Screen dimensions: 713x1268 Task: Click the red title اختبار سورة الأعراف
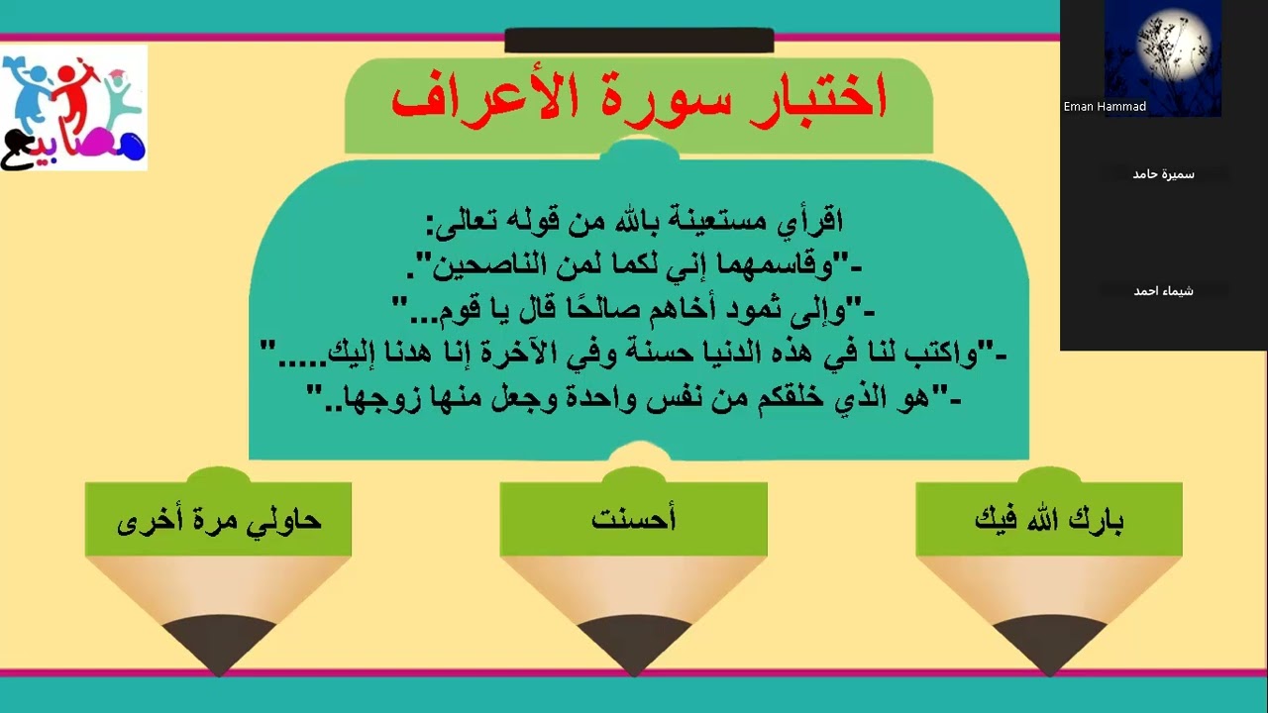pos(639,99)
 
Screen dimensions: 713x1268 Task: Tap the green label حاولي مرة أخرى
pos(219,519)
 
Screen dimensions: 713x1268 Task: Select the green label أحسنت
pos(634,519)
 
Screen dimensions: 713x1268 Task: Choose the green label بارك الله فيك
pos(1049,519)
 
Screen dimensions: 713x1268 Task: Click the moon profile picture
pos(1163,57)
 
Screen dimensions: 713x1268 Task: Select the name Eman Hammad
pos(1105,107)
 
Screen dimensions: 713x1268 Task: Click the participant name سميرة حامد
pos(1164,174)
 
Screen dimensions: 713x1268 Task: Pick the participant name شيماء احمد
pos(1164,291)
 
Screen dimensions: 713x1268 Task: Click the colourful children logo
pos(73,107)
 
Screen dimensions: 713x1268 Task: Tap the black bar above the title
pos(639,41)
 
